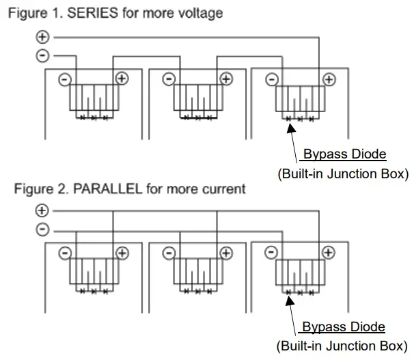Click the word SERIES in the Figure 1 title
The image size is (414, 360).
95,13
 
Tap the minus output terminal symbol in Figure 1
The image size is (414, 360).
42,56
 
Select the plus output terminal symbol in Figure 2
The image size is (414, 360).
42,211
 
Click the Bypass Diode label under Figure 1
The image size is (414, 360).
344,154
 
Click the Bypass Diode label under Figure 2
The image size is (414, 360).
344,327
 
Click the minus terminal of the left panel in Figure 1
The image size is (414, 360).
64,79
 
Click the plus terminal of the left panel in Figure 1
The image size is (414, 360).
122,79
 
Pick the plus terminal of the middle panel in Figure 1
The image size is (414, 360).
225,79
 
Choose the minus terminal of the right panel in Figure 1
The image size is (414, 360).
271,79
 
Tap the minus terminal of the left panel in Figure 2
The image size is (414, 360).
64,253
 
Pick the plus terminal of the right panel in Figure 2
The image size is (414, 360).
329,253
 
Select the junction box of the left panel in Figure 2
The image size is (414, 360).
93,273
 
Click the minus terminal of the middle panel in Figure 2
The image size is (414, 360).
167,253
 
